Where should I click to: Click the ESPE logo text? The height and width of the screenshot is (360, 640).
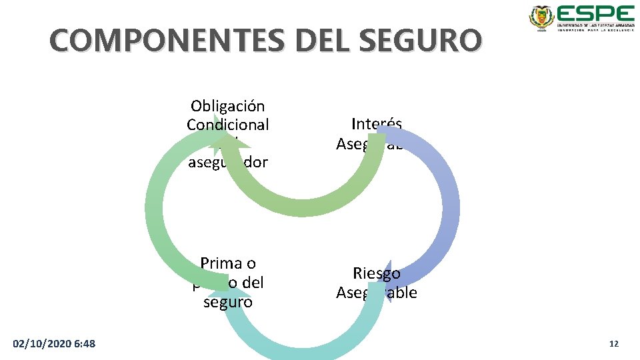pos(595,15)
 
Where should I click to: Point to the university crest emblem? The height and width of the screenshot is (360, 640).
pos(541,17)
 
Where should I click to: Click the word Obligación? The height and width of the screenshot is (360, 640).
pos(227,106)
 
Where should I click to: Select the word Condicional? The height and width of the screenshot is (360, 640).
pos(228,125)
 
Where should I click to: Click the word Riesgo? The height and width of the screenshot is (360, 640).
pos(377,273)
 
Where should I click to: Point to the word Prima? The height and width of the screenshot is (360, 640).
pos(229,263)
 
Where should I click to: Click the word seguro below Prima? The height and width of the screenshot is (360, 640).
pos(228,302)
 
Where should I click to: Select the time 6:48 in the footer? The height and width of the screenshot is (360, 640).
pos(85,343)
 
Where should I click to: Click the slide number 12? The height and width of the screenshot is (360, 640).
pos(614,343)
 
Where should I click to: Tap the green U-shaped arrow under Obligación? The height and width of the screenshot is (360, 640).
pos(300,200)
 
